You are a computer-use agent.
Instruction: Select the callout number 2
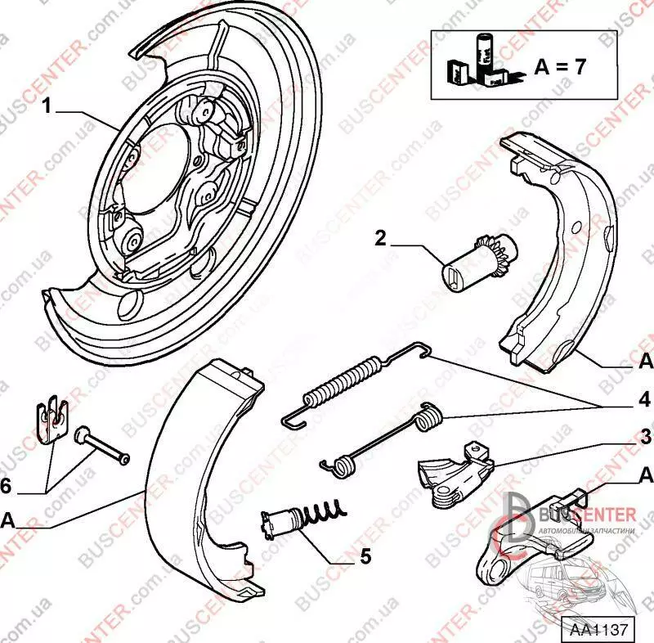coord(381,238)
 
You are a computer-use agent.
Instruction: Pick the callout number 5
coord(365,558)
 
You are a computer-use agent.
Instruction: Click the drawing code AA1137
coord(598,630)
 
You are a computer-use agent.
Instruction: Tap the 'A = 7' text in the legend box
coord(560,67)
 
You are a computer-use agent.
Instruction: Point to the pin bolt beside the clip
coord(102,446)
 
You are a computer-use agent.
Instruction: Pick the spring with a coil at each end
coord(380,442)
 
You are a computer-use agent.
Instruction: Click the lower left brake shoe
coord(196,483)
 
